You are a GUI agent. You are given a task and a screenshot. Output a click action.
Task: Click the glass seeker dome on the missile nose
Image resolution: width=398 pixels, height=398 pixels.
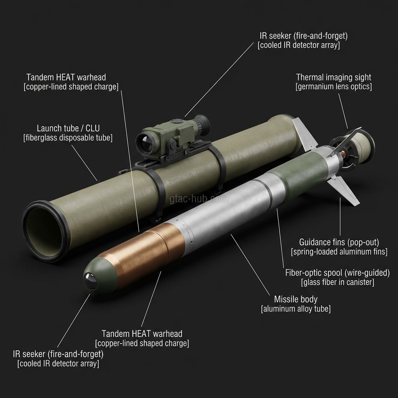[91, 281]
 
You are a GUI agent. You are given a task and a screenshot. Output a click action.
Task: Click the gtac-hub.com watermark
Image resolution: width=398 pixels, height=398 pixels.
[199, 199]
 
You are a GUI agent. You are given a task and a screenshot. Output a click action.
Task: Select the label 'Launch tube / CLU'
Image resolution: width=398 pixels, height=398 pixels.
[68, 128]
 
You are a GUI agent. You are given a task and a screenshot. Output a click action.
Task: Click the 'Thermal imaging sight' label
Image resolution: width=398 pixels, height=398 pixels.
[333, 77]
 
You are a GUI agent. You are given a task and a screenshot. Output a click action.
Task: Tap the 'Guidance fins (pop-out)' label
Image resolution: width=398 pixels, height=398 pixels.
[339, 242]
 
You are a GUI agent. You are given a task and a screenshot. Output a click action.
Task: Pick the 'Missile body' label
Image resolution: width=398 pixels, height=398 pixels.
[296, 299]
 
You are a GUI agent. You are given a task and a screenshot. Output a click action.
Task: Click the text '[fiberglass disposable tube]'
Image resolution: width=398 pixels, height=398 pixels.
[68, 138]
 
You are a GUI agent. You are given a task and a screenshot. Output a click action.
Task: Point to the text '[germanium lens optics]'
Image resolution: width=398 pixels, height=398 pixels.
[333, 87]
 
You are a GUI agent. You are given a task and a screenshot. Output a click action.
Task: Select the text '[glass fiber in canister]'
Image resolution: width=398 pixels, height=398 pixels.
[338, 282]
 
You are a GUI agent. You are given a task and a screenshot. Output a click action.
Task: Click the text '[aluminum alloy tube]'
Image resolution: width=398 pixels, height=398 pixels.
[296, 309]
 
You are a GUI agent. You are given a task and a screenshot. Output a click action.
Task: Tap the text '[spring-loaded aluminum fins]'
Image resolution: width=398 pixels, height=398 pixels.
[339, 252]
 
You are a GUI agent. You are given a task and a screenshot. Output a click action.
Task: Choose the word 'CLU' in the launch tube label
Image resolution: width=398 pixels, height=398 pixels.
[93, 128]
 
